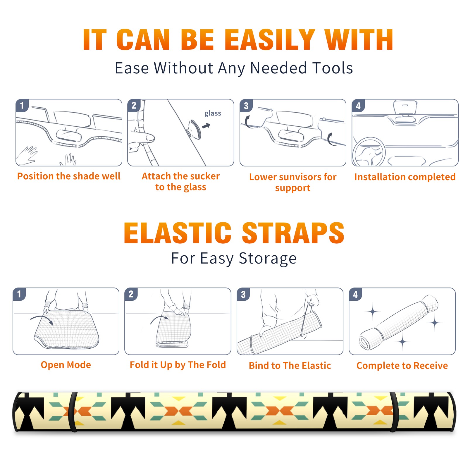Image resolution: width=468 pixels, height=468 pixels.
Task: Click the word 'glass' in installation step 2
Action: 213,113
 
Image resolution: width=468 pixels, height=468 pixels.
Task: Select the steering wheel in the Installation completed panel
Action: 369,152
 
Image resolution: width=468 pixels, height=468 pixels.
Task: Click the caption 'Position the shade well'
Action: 69,176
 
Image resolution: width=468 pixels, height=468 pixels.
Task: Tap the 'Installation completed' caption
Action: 405,177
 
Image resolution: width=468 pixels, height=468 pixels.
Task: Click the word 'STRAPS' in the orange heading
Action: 293,233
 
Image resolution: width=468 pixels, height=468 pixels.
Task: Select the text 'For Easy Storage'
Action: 234,259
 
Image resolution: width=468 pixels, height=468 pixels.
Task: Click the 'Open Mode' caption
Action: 66,365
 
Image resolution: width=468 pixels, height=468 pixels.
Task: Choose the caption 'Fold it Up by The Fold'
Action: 178,365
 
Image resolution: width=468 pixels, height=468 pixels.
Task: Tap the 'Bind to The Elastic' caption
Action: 290,366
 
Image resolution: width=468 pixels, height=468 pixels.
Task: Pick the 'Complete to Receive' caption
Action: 402,366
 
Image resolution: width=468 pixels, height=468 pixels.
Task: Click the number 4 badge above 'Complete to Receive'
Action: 355,294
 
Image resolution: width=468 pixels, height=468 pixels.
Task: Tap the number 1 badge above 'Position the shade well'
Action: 22,105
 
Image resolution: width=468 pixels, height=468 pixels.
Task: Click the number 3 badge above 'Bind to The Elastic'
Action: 243,294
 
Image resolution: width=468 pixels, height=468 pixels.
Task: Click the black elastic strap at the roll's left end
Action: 73,412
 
